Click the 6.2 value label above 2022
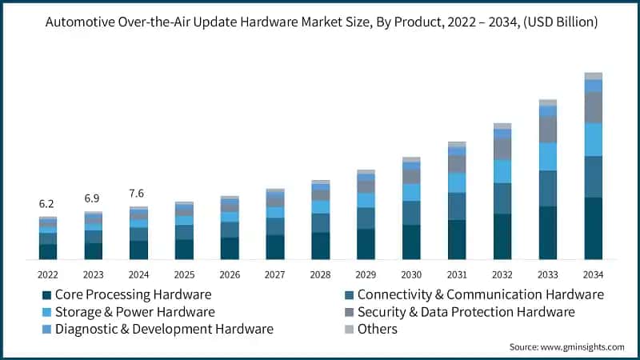[x=48, y=205]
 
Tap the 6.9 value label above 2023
[x=94, y=198]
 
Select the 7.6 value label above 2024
[x=138, y=193]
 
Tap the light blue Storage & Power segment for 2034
[x=593, y=139]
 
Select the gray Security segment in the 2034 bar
[x=593, y=107]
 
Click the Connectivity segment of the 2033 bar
[x=547, y=188]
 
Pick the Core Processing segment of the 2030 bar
[x=411, y=242]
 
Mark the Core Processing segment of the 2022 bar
[x=48, y=251]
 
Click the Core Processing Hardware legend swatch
[x=46, y=294]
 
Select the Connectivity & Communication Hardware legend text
[x=480, y=294]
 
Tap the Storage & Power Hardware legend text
[x=134, y=311]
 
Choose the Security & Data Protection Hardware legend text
[x=466, y=311]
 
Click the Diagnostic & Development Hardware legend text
[x=164, y=329]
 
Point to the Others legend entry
[x=377, y=329]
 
